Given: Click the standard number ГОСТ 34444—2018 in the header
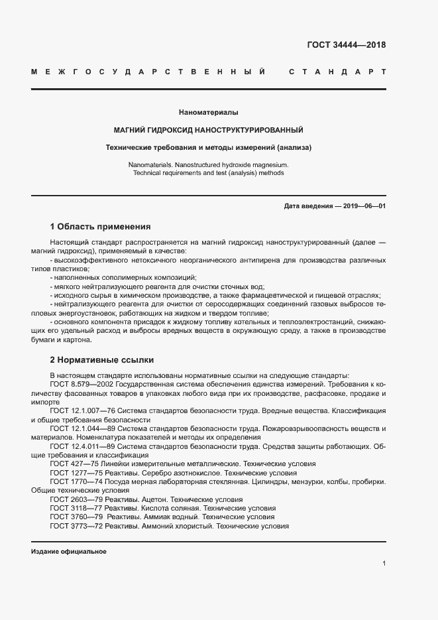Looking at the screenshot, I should pyautogui.click(x=346, y=46).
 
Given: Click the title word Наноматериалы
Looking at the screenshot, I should pyautogui.click(x=209, y=113).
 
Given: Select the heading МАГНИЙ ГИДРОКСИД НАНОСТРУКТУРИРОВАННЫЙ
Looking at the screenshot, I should pyautogui.click(x=209, y=130).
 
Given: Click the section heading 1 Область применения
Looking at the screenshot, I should pyautogui.click(x=100, y=226).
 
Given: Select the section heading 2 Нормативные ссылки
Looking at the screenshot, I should pyautogui.click(x=102, y=360).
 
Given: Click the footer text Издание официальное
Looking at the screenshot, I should pyautogui.click(x=69, y=552).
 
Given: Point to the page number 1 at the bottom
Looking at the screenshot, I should pyautogui.click(x=384, y=564).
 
